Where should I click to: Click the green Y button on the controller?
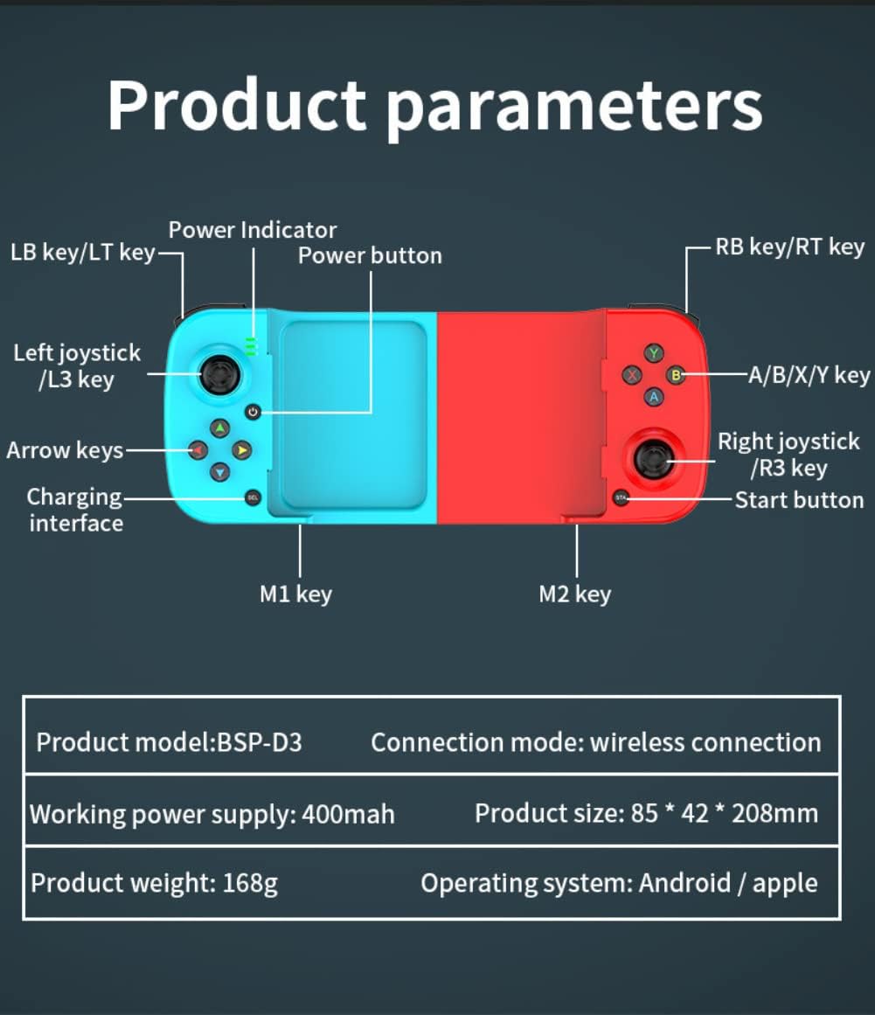pyautogui.click(x=654, y=353)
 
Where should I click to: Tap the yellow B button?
pyautogui.click(x=676, y=375)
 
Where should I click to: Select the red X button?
pyautogui.click(x=632, y=375)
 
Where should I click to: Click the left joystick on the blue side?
pyautogui.click(x=220, y=373)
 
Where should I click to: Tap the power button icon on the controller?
pyautogui.click(x=253, y=412)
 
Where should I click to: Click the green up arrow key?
pyautogui.click(x=220, y=428)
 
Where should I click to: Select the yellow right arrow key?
pyautogui.click(x=242, y=450)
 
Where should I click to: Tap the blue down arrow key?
pyautogui.click(x=220, y=472)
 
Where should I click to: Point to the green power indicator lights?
pyautogui.click(x=251, y=346)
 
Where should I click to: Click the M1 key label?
pyautogui.click(x=295, y=594)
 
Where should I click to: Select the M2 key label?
pyautogui.click(x=574, y=594)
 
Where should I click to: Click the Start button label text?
pyautogui.click(x=799, y=500)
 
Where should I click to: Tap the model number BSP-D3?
pyautogui.click(x=260, y=742)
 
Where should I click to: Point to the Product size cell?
pyautogui.click(x=647, y=813)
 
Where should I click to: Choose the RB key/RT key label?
pyautogui.click(x=789, y=247)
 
